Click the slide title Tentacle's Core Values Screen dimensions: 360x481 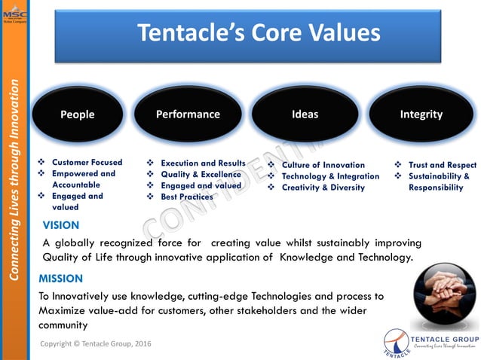tap(258, 33)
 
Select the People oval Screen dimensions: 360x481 tap(78, 114)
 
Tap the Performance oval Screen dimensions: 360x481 tap(188, 114)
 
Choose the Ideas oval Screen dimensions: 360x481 tap(305, 114)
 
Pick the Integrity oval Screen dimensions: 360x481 tap(421, 114)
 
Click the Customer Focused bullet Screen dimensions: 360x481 tap(87, 163)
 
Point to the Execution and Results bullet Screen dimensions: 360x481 tap(203, 163)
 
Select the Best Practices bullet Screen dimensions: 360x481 tap(186, 197)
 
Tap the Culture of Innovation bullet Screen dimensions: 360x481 tap(323, 165)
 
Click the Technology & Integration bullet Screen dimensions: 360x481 tap(330, 176)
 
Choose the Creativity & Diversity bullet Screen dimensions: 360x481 tap(323, 188)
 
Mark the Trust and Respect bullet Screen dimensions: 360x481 tap(442, 165)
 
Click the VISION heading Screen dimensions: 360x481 tap(61, 224)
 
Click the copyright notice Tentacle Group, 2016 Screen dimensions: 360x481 tap(95, 343)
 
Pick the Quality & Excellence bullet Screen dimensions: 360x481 tap(201, 175)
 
